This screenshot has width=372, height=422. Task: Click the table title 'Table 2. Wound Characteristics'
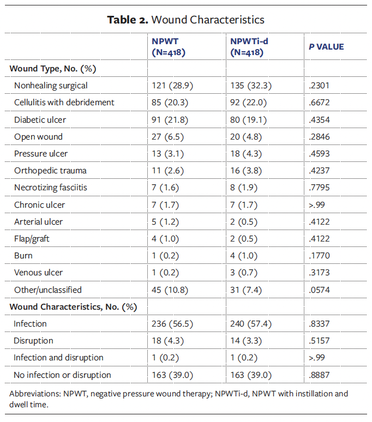[x=186, y=20]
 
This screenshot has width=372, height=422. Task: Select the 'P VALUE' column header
[x=326, y=47]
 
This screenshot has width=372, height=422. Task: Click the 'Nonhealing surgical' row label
[x=51, y=86]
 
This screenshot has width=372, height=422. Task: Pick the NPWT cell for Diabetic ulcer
[x=171, y=119]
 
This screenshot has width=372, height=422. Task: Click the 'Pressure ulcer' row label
[x=41, y=153]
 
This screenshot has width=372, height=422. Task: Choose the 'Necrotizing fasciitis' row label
[x=51, y=188]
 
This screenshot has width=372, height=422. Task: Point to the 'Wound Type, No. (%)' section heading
[x=52, y=69]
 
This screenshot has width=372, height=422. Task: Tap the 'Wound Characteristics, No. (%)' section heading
[x=73, y=307]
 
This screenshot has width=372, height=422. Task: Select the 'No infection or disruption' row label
[x=62, y=375]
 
